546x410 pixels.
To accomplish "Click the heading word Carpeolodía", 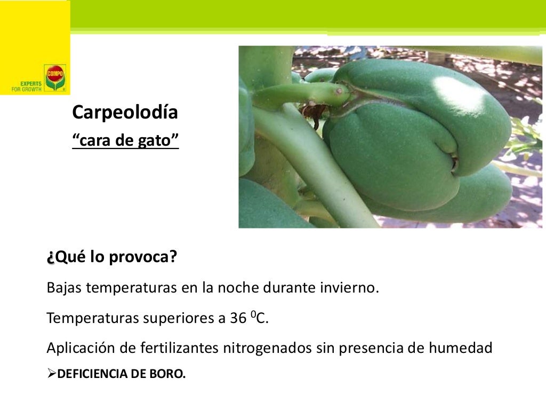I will click(125, 113).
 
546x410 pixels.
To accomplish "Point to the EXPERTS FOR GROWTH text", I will click(27, 86).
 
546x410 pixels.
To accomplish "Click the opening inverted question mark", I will click(50, 258).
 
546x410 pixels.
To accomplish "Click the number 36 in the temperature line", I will click(238, 318).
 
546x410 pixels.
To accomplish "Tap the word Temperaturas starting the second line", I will click(92, 318).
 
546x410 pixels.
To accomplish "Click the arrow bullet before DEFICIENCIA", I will click(51, 374).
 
